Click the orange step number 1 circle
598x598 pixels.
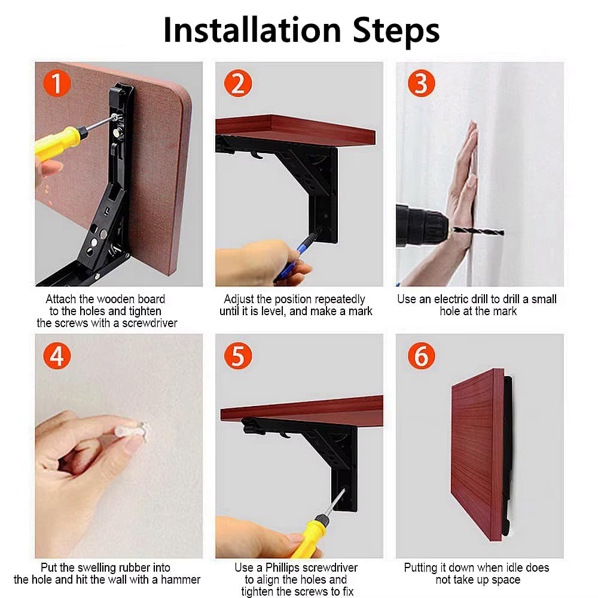(x=57, y=84)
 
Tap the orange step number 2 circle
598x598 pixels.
(x=238, y=84)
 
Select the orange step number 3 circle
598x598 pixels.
(x=422, y=84)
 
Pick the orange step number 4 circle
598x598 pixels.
(x=57, y=356)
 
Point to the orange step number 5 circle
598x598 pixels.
(x=238, y=356)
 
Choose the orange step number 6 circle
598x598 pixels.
(x=422, y=356)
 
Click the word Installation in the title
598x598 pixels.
(x=252, y=30)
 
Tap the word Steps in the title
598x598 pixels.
(x=396, y=32)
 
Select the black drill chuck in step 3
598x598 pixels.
(x=422, y=226)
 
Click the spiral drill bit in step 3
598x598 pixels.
(x=477, y=230)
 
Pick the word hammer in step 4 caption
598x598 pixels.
(x=181, y=579)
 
